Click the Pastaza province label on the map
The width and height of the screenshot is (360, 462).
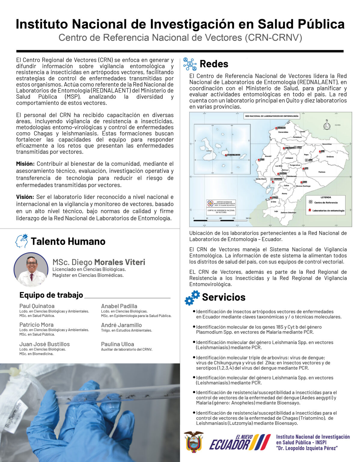tap(322, 172)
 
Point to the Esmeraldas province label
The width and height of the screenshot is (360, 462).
tap(283, 132)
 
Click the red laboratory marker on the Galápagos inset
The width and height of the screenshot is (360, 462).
tap(226, 155)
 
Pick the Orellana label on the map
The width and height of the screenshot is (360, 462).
tap(330, 157)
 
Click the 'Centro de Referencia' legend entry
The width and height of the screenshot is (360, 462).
tap(326, 202)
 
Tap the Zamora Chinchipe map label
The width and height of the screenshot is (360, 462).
tap(288, 212)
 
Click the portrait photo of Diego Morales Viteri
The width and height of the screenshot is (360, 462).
tap(31, 269)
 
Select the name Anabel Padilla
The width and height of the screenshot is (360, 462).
tap(119, 306)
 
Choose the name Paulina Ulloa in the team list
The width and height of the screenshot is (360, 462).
tap(117, 344)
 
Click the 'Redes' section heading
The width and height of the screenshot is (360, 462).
tap(214, 64)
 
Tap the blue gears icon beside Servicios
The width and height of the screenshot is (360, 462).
tap(192, 297)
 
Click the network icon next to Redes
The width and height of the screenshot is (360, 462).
tap(190, 64)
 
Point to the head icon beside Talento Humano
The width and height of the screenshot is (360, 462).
tap(22, 241)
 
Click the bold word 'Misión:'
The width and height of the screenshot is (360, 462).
tap(25, 164)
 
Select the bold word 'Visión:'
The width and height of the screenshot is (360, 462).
tap(25, 197)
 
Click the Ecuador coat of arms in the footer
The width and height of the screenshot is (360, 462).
tap(194, 442)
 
